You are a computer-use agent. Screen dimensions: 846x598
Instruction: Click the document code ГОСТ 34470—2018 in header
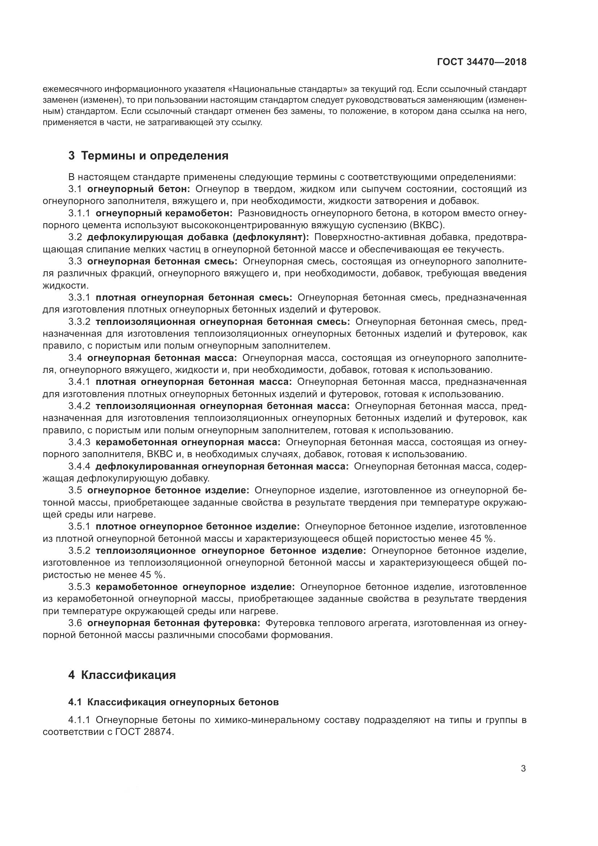(482, 62)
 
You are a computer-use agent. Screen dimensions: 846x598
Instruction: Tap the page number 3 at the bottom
(523, 769)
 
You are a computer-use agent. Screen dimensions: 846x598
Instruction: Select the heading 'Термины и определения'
(154, 156)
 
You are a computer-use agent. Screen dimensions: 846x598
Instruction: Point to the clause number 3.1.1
(79, 213)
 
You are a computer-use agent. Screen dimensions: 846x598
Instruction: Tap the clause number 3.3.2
(79, 322)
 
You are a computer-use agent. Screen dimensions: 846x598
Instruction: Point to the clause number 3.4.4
(79, 467)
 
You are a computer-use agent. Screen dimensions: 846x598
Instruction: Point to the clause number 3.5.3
(79, 587)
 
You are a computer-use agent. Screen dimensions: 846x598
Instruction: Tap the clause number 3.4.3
(79, 442)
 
